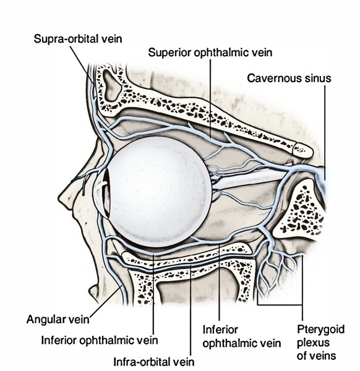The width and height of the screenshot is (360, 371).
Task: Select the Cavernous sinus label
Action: (x=289, y=79)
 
